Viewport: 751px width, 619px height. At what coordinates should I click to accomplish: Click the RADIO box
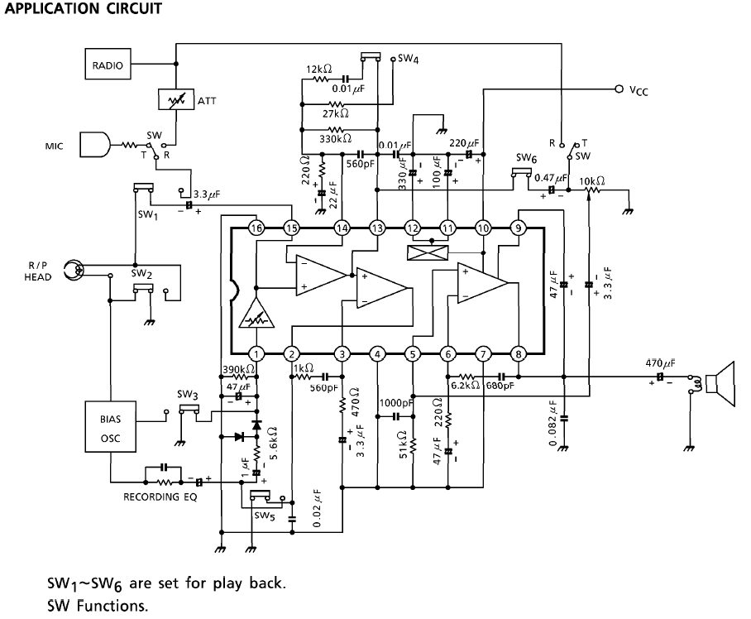108,65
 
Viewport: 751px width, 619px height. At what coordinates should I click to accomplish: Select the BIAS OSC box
111,427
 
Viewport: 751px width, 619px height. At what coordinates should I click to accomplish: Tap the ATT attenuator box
176,99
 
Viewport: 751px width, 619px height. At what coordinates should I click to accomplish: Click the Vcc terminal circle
619,89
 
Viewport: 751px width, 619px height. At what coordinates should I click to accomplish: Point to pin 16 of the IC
256,228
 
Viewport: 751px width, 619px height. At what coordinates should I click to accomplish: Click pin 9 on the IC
519,228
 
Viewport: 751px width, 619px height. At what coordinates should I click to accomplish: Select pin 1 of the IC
256,354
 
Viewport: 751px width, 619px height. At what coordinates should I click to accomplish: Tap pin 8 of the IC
519,354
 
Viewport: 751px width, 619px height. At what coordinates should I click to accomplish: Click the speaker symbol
720,384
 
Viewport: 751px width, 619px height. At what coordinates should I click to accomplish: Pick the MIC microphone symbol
94,144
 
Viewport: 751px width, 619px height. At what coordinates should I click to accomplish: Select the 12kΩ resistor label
319,70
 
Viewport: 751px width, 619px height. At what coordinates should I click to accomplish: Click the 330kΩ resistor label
335,139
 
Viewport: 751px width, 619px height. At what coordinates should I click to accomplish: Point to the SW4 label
409,59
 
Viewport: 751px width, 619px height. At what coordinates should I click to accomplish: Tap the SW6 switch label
526,158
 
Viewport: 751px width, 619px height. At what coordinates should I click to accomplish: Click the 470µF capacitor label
661,363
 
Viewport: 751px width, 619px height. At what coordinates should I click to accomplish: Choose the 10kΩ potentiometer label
592,181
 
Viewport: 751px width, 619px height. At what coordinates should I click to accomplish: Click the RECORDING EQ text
160,497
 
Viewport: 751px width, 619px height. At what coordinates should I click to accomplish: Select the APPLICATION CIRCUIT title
83,8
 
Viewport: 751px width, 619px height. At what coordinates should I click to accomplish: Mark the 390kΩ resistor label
238,370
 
